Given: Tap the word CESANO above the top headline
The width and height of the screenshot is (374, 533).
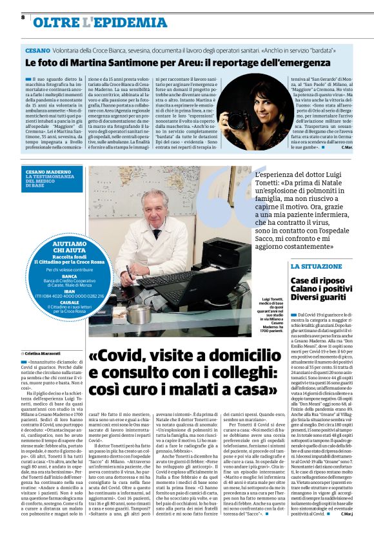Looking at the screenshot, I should point(39,49).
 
